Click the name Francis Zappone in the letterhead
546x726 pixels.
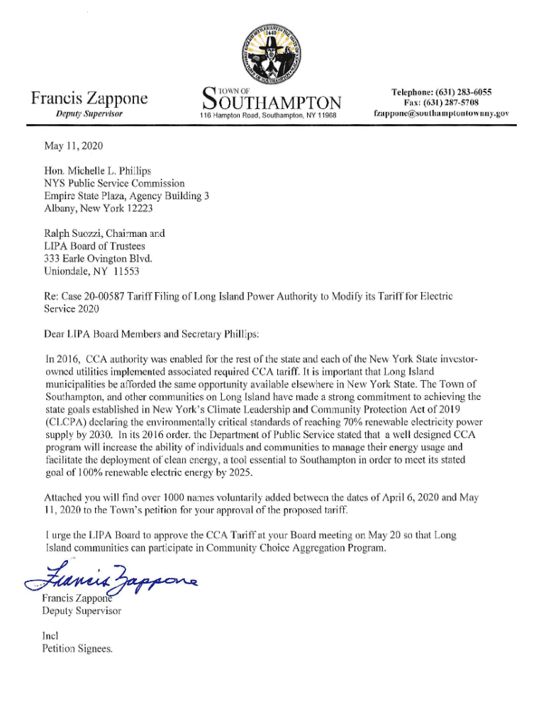coord(89,99)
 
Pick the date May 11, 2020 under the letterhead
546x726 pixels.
coord(74,146)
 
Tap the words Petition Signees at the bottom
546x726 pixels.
coord(78,649)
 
